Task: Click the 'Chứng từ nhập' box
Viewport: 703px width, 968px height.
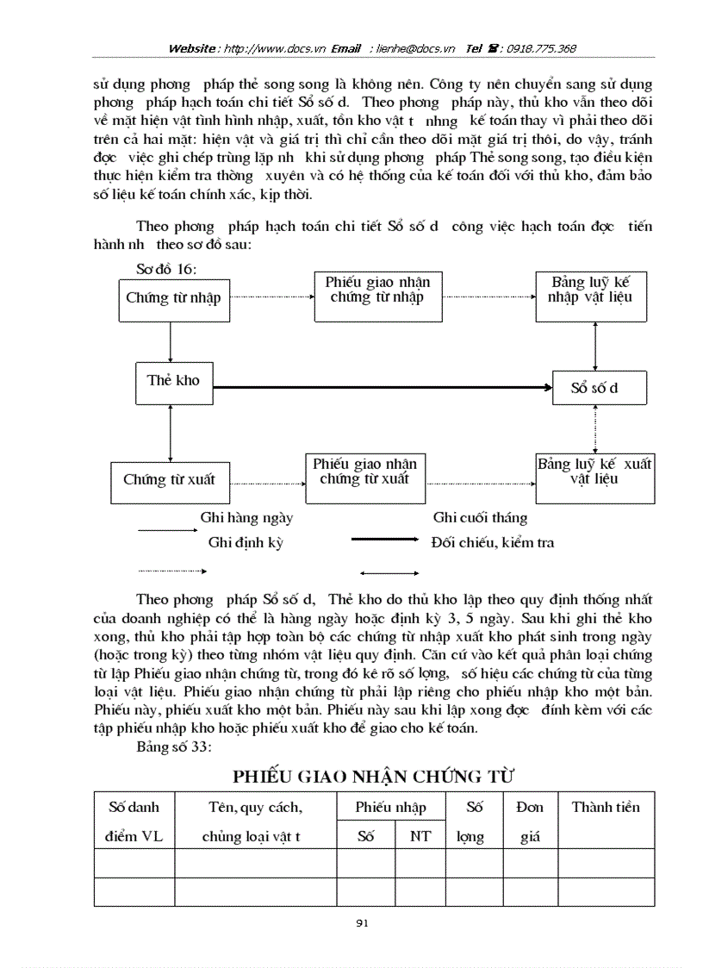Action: pos(172,299)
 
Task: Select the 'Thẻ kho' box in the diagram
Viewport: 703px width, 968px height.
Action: pos(173,382)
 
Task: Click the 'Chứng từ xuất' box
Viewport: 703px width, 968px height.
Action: pos(169,481)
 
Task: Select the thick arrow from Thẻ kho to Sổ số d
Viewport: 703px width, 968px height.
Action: pos(379,388)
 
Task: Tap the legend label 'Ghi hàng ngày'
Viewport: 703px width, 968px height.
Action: pos(246,518)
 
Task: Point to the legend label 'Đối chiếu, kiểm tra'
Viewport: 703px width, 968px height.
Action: pos(492,543)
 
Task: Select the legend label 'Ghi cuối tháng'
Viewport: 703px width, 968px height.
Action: pos(480,518)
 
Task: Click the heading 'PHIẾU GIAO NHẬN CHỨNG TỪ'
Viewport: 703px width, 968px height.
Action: pos(373,776)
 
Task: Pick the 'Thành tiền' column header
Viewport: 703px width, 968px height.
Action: pos(606,808)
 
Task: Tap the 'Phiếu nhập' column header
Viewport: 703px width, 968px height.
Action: pos(390,808)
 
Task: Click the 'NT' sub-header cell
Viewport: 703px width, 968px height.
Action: pos(420,836)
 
